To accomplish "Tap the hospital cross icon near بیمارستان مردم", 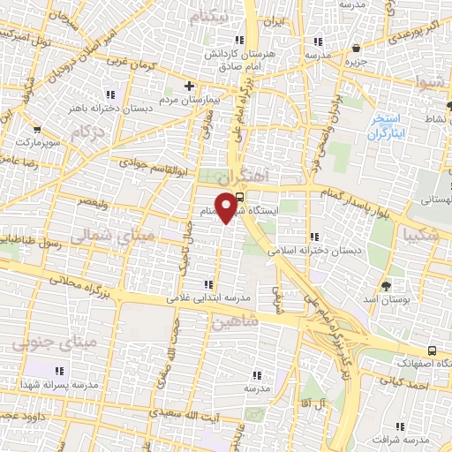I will point(188,86).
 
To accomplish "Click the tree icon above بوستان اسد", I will point(386,285).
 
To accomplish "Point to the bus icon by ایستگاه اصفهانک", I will point(431,350).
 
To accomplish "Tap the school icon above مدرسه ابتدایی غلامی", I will point(207,284).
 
